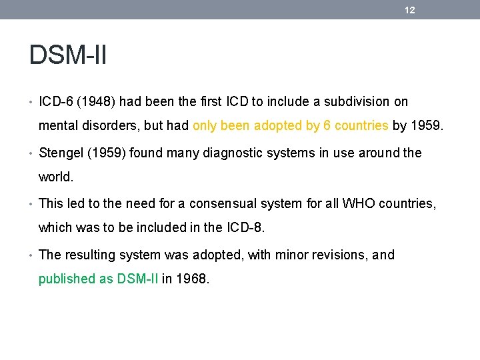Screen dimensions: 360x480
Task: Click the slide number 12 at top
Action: click(x=410, y=10)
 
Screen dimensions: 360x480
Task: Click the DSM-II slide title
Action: click(x=68, y=55)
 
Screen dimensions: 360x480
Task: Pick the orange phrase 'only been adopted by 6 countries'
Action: click(x=291, y=125)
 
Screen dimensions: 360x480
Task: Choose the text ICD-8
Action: click(x=244, y=228)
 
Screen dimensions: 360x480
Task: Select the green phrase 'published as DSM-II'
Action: click(x=99, y=279)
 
